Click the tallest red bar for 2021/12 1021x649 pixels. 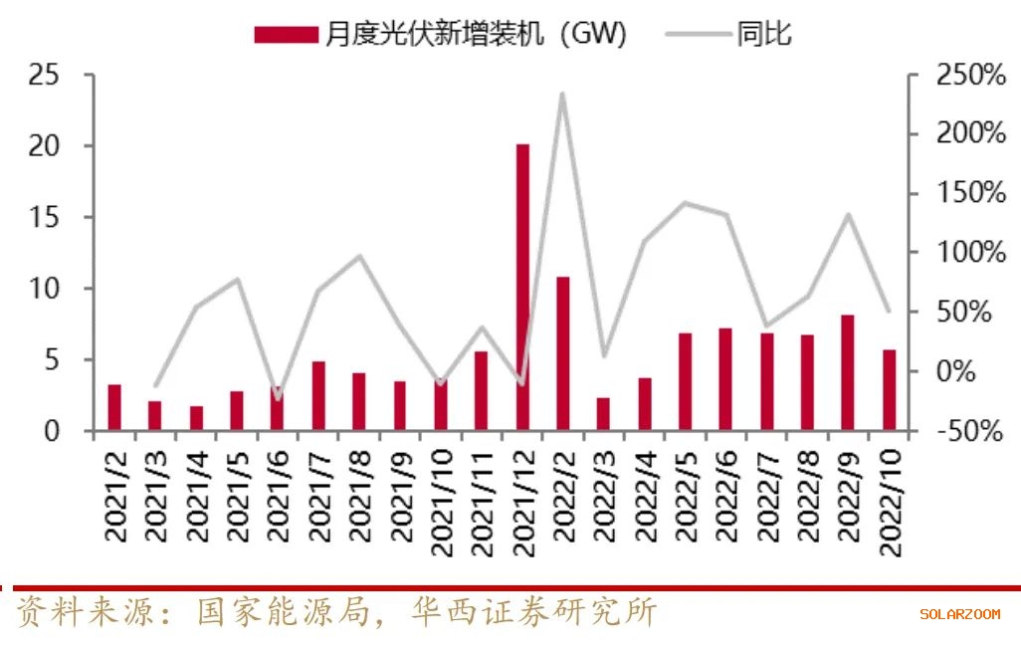522,288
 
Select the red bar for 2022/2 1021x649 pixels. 563,353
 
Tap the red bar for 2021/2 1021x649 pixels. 114,407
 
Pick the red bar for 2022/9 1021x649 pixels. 848,372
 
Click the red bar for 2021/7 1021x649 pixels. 318,395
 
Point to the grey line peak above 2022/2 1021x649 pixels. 563,95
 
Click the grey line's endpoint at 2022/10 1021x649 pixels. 889,311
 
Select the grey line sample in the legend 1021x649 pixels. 698,35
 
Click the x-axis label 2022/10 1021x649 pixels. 890,496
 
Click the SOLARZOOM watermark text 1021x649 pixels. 959,614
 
